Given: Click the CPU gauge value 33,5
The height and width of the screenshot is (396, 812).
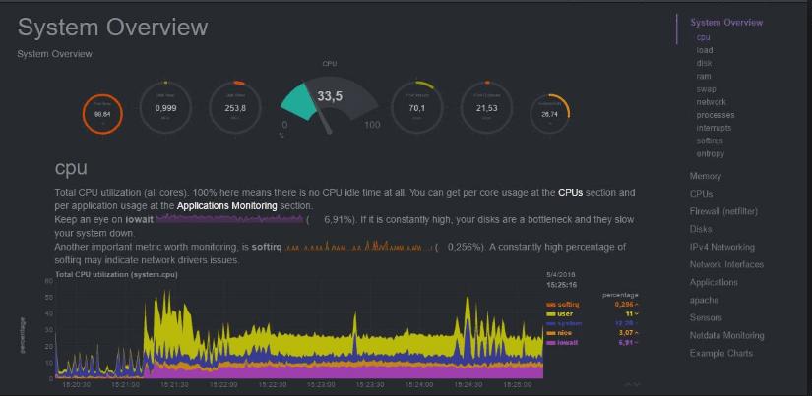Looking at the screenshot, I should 330,96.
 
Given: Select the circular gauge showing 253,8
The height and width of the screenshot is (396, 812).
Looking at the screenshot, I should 235,108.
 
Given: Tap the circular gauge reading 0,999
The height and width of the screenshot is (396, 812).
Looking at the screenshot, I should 165,108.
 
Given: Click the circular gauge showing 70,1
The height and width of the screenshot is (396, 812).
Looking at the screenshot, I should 417,108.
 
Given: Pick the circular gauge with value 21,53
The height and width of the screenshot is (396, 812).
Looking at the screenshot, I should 486,108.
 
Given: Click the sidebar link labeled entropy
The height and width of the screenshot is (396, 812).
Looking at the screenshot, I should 710,154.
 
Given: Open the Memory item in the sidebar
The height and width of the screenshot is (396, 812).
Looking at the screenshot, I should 706,176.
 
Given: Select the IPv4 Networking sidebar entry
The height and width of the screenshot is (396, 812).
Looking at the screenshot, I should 722,247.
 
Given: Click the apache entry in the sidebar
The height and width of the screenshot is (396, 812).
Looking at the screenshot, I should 704,300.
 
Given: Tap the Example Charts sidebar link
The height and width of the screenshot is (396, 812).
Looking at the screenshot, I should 720,353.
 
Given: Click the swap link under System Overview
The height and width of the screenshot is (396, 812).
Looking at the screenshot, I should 705,89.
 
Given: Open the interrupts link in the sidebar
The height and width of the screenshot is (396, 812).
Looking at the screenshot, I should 714,128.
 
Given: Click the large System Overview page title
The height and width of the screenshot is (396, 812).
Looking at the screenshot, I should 112,27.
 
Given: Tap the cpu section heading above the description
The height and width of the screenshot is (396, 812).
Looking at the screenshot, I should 71,168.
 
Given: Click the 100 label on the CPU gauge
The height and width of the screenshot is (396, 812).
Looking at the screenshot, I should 372,125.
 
